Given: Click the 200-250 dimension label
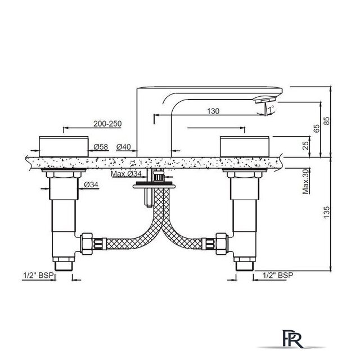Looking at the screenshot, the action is [x=107, y=124].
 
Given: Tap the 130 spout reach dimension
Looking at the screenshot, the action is [x=213, y=111].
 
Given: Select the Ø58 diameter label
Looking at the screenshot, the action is [x=101, y=147].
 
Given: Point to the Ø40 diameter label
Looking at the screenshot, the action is [x=123, y=147].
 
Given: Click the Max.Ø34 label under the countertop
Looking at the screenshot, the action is [x=126, y=174].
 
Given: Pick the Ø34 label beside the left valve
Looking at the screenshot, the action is [x=91, y=184].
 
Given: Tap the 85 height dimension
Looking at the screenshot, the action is [x=326, y=121].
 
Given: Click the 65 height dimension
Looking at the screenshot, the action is [x=316, y=129].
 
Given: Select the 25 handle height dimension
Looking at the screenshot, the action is [x=305, y=146].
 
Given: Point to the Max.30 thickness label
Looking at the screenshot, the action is [x=305, y=181].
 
